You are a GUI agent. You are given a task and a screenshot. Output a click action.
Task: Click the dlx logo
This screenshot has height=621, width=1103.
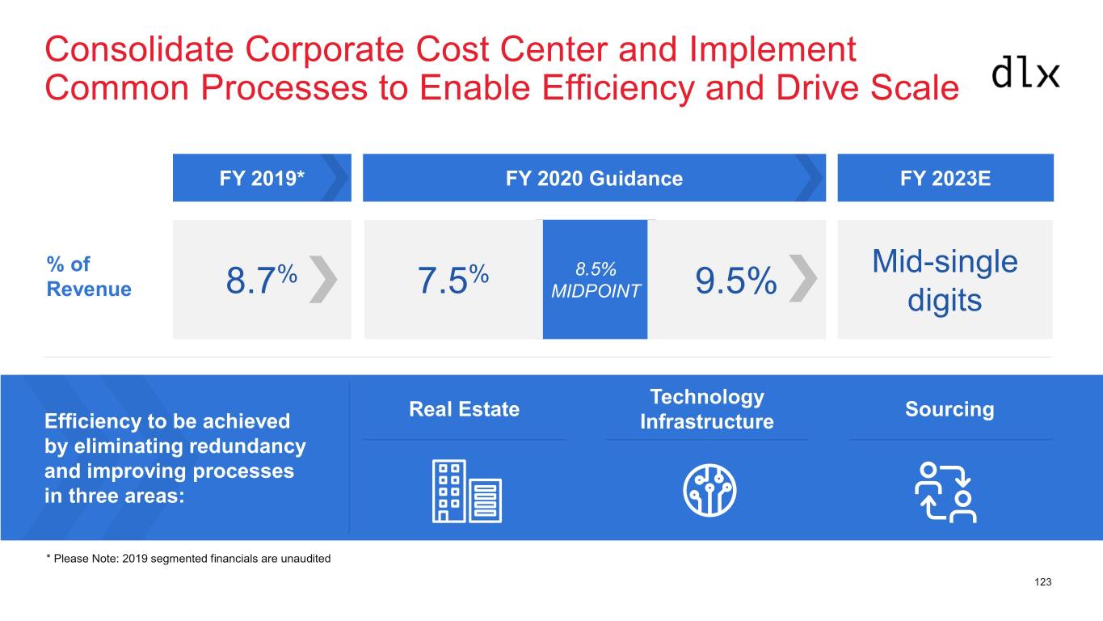pyautogui.click(x=1025, y=73)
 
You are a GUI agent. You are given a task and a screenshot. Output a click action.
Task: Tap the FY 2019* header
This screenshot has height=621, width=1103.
pyautogui.click(x=262, y=177)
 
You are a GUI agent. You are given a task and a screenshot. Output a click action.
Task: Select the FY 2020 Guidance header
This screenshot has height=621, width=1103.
pyautogui.click(x=595, y=177)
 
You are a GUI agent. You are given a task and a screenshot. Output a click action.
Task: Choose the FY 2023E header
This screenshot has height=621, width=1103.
pyautogui.click(x=945, y=177)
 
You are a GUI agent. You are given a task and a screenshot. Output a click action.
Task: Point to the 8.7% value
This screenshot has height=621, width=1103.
pyautogui.click(x=262, y=280)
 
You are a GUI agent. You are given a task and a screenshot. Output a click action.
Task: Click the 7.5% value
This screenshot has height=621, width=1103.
pyautogui.click(x=453, y=280)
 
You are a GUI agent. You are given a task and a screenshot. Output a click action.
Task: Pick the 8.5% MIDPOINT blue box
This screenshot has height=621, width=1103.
pyautogui.click(x=596, y=280)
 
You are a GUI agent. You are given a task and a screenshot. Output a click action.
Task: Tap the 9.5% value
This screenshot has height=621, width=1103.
pyautogui.click(x=735, y=281)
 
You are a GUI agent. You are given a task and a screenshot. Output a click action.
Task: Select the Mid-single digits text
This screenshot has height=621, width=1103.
pyautogui.click(x=945, y=281)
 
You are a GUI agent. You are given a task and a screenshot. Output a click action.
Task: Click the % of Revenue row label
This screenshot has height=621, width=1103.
pyautogui.click(x=89, y=277)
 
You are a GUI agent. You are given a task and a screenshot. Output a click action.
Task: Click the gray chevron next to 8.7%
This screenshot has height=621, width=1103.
pyautogui.click(x=323, y=279)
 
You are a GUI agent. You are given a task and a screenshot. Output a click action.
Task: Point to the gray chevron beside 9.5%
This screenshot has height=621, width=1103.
pyautogui.click(x=802, y=278)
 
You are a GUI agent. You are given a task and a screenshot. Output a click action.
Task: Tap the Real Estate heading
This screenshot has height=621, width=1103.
pyautogui.click(x=465, y=409)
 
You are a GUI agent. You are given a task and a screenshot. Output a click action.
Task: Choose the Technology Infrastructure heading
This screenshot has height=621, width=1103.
pyautogui.click(x=707, y=409)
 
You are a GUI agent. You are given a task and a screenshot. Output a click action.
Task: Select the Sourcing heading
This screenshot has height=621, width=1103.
pyautogui.click(x=949, y=409)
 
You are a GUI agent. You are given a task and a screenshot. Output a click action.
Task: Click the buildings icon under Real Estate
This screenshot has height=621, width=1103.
pyautogui.click(x=467, y=491)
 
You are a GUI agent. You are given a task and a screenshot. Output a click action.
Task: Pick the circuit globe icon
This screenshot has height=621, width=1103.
pyautogui.click(x=709, y=490)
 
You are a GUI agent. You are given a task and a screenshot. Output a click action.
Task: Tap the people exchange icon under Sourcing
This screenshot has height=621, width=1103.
pyautogui.click(x=946, y=492)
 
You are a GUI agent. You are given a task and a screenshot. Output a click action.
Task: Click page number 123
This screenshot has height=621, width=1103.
pyautogui.click(x=1043, y=582)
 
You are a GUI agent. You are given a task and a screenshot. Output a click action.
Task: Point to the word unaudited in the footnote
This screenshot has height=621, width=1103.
pyautogui.click(x=305, y=559)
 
